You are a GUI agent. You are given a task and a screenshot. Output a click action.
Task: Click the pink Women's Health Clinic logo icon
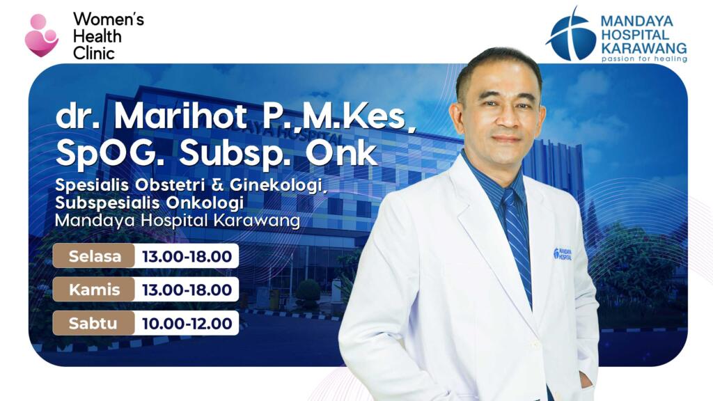[x=40, y=36]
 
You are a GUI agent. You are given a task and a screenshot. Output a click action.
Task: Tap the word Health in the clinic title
[x=97, y=36]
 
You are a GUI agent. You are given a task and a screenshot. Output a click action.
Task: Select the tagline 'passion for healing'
[x=643, y=59]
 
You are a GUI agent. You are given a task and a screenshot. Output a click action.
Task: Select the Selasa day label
[x=94, y=256]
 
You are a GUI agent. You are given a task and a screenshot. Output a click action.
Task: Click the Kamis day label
[x=94, y=290]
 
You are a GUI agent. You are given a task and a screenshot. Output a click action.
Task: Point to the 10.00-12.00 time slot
[x=187, y=323]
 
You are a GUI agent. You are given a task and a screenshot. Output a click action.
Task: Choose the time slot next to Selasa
[x=187, y=256]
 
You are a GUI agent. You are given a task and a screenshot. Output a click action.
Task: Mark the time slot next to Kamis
[x=187, y=290]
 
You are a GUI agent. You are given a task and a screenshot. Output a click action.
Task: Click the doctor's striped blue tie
[x=516, y=237]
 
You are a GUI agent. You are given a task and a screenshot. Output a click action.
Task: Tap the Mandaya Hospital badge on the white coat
[x=563, y=254]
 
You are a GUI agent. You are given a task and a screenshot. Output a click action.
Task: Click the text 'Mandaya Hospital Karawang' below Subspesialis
[x=178, y=221]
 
